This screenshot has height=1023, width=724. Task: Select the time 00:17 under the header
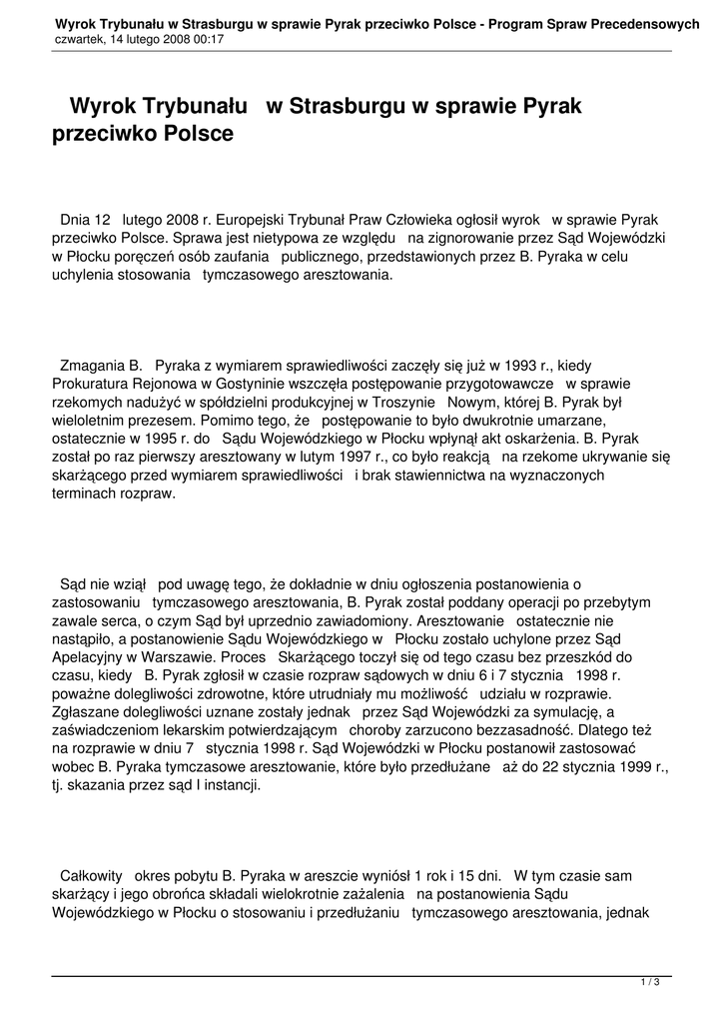pyautogui.click(x=208, y=39)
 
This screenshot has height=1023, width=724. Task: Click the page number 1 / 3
pyautogui.click(x=650, y=983)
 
